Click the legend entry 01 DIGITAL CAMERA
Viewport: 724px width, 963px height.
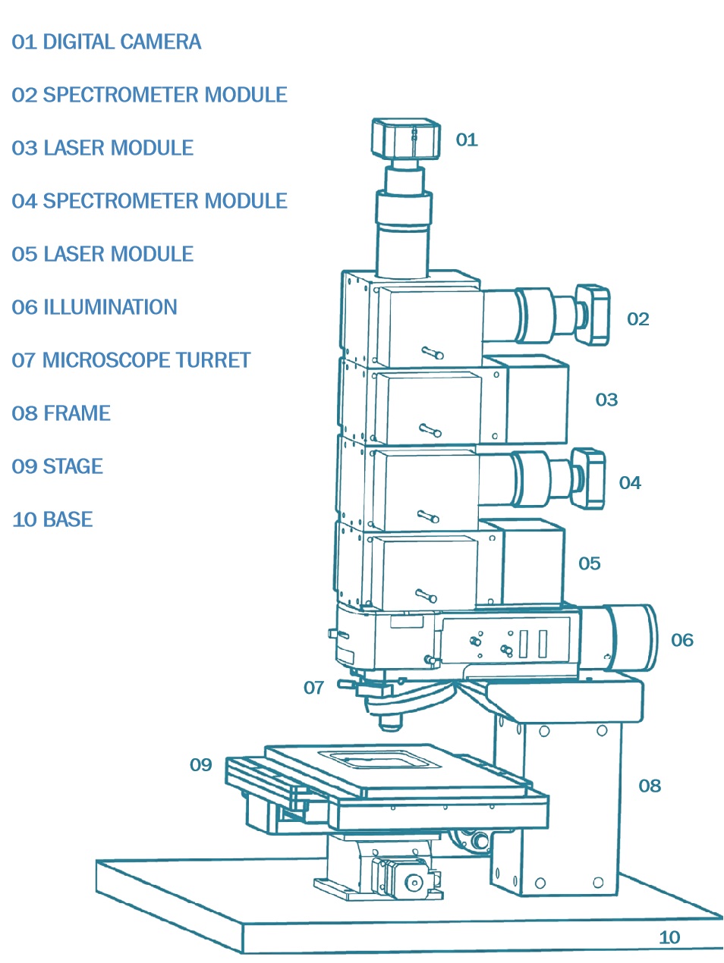(106, 42)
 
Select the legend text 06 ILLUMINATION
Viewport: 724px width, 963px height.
(94, 307)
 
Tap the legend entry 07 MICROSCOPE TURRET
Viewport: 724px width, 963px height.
(131, 360)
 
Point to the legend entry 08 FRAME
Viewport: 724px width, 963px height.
(61, 413)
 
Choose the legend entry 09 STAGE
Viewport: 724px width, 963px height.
(57, 466)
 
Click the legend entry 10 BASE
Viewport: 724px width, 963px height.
(52, 519)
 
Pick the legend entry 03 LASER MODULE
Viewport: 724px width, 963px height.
(102, 148)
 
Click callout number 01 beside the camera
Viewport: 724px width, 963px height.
(466, 140)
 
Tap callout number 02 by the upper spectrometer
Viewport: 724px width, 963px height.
(637, 319)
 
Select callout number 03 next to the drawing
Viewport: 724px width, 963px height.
(606, 400)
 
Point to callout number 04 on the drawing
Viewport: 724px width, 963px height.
(630, 483)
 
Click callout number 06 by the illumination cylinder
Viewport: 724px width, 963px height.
(682, 640)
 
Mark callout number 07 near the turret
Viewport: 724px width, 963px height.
(313, 688)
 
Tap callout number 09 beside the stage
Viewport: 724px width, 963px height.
(200, 765)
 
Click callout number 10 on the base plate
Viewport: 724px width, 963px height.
(669, 937)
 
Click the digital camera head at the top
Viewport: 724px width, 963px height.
(406, 138)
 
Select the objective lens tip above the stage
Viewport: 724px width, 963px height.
(390, 723)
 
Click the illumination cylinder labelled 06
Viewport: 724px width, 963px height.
(631, 638)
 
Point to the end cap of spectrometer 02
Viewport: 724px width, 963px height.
(593, 314)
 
